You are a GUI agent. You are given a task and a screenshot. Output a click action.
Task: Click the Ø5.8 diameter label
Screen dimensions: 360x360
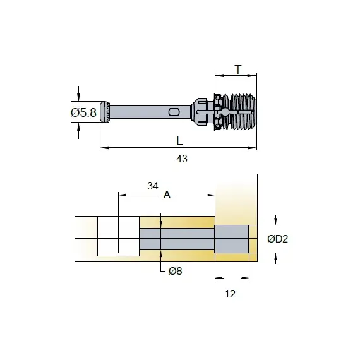(83, 112)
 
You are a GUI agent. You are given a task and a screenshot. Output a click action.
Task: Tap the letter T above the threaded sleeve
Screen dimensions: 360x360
(239, 69)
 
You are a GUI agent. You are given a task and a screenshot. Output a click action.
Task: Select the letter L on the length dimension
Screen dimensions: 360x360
(179, 140)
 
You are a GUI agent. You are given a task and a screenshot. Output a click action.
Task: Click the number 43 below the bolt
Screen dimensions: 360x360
(182, 159)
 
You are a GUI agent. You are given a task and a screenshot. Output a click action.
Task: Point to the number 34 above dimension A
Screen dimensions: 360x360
(153, 186)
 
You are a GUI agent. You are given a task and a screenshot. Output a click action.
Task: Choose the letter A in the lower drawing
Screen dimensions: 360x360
(167, 195)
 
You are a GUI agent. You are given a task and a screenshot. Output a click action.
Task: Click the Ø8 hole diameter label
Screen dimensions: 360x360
(176, 271)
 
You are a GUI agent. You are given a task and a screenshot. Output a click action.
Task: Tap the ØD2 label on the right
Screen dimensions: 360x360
(277, 239)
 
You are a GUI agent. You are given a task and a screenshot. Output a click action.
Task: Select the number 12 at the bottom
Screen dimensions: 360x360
(230, 294)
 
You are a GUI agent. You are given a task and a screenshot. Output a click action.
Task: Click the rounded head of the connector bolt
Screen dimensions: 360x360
(105, 112)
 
